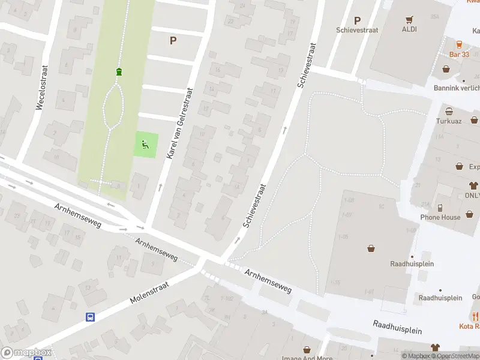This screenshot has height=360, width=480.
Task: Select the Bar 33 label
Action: [459, 55]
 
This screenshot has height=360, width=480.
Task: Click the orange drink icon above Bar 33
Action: [459, 44]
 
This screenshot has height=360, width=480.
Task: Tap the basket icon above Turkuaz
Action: [449, 111]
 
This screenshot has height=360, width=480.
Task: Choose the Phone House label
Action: [440, 217]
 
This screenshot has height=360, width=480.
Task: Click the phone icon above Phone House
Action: [440, 207]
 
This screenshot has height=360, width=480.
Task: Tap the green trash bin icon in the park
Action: [119, 72]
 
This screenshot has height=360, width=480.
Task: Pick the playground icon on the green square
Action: [145, 144]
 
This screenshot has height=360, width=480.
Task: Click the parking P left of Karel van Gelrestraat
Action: [173, 41]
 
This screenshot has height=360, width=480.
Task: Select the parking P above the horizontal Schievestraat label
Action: [358, 20]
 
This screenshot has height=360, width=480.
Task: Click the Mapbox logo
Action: [26, 353]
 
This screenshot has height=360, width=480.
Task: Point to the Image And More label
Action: [307, 358]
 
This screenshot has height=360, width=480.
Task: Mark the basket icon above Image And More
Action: [307, 349]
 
